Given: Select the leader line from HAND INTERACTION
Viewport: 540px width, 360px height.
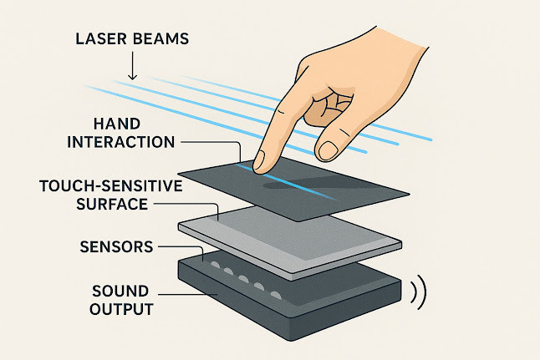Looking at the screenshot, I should pos(209,142).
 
